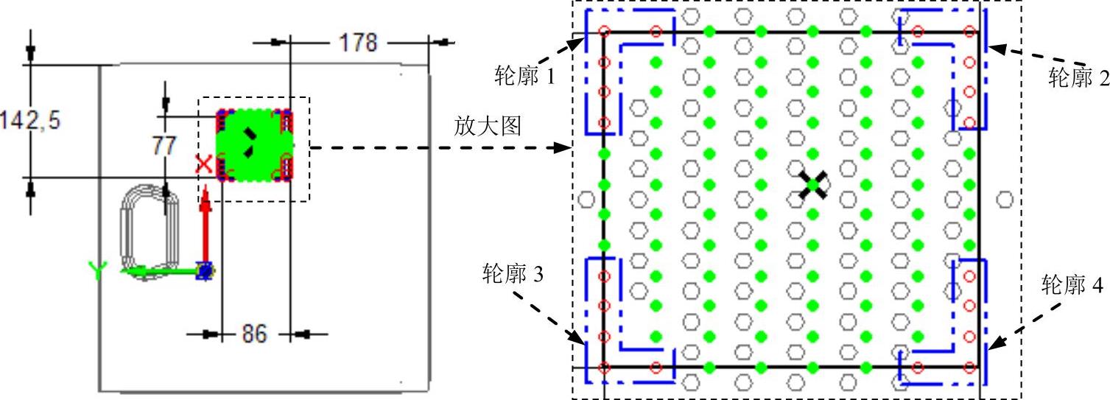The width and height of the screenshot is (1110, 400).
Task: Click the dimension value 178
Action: pos(358,43)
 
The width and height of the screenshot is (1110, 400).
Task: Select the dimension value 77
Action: pos(164,145)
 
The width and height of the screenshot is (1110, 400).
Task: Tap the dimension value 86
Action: pos(255,334)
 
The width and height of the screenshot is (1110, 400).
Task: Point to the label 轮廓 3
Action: pos(513,275)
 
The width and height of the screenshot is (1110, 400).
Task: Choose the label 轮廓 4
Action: pos(1073,285)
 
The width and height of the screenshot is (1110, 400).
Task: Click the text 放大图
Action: pos(487,127)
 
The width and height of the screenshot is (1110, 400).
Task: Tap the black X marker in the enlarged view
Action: pos(813,185)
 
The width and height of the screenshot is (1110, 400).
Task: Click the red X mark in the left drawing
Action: pos(204,164)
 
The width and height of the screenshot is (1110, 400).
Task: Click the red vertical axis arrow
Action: pos(206,221)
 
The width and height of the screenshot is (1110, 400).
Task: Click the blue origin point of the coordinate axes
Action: pos(206,271)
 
